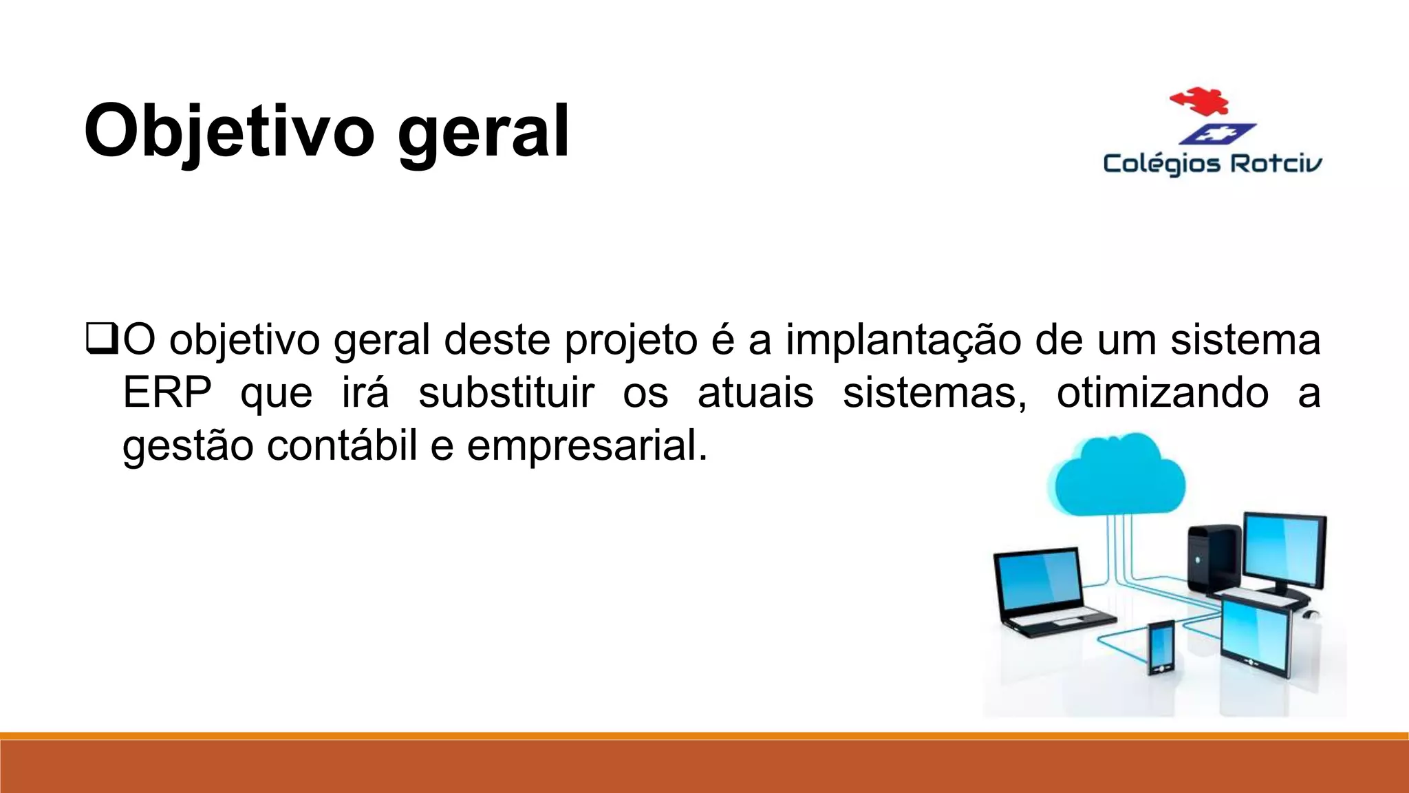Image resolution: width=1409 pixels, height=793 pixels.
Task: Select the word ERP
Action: click(x=167, y=393)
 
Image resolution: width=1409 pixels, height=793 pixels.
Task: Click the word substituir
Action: click(x=506, y=393)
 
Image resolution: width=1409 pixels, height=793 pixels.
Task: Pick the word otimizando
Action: click(x=1163, y=393)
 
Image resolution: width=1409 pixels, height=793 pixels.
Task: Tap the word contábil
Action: click(x=342, y=445)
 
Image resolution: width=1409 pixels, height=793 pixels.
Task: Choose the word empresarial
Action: click(x=587, y=447)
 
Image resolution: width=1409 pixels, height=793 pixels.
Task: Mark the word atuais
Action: click(x=755, y=393)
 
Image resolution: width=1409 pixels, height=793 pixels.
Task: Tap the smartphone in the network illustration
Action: click(x=1161, y=647)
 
